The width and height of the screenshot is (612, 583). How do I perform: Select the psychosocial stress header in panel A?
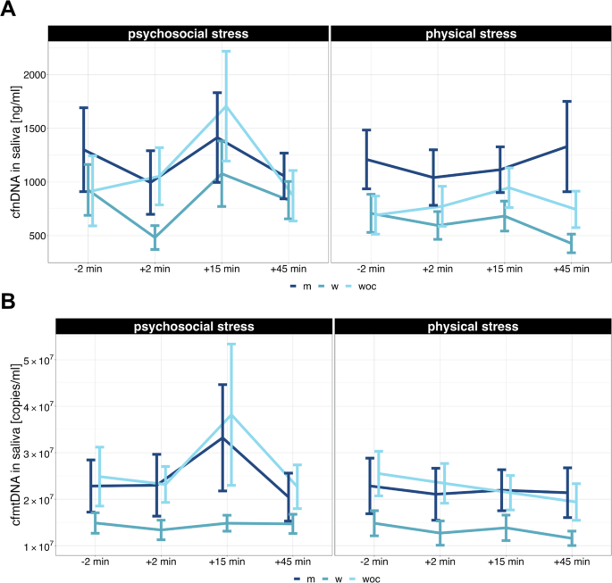pos(186,34)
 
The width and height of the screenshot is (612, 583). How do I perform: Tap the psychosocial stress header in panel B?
pos(186,327)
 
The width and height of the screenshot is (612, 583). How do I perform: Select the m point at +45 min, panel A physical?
pos(567,146)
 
